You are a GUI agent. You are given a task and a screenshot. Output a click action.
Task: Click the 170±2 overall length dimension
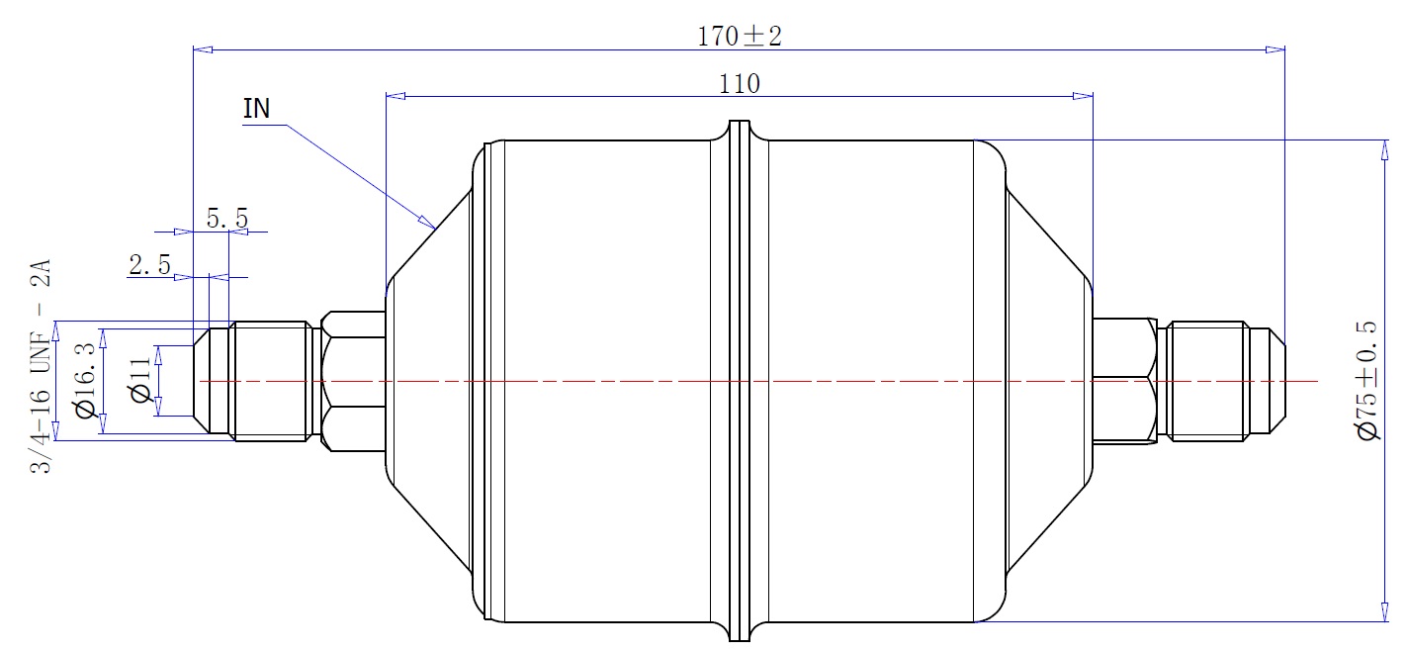point(740,37)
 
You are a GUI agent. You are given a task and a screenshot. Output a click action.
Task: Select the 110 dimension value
point(740,84)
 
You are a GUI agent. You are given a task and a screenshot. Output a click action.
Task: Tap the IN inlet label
point(256,109)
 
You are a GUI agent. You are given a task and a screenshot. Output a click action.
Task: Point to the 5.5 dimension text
point(227,219)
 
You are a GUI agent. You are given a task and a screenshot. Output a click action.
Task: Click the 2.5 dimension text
point(149,265)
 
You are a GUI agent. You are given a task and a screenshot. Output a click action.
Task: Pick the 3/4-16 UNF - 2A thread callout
point(41,365)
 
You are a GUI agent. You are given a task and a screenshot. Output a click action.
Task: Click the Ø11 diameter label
point(140,380)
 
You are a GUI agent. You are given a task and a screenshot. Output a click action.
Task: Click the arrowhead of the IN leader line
point(428,222)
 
